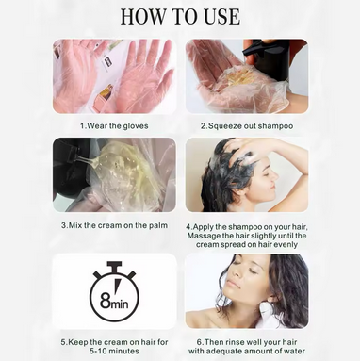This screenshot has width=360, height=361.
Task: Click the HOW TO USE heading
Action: (180, 17)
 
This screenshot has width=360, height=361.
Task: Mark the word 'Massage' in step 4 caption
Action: (208, 238)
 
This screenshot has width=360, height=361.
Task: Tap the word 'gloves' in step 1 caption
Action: (143, 124)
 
